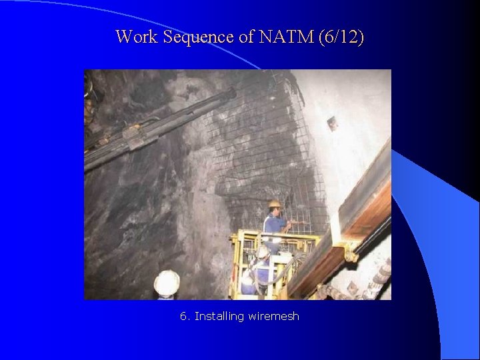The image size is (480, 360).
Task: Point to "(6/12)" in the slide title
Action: pos(341,37)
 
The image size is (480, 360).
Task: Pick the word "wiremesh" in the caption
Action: pos(273,316)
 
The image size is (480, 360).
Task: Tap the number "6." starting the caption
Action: pos(185,316)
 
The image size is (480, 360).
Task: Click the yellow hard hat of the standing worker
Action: pos(274,203)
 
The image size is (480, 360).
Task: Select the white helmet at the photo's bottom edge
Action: pos(167,283)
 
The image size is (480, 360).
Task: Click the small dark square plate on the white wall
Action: pos(331,123)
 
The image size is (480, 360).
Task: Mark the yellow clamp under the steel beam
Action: pos(349,253)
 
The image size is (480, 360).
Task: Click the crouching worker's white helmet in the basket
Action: pos(263,252)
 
